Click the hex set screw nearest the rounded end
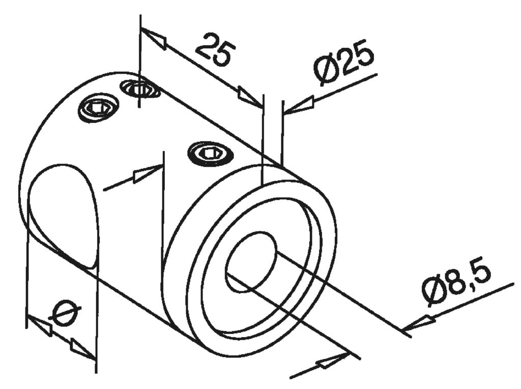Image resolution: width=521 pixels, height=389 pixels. click(98, 108)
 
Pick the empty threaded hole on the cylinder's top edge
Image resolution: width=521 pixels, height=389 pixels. click(141, 89)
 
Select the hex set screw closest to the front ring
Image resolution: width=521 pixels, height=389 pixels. click(211, 152)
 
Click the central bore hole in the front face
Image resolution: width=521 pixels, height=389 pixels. click(251, 262)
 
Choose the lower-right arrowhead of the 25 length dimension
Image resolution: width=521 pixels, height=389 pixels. click(249, 97)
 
